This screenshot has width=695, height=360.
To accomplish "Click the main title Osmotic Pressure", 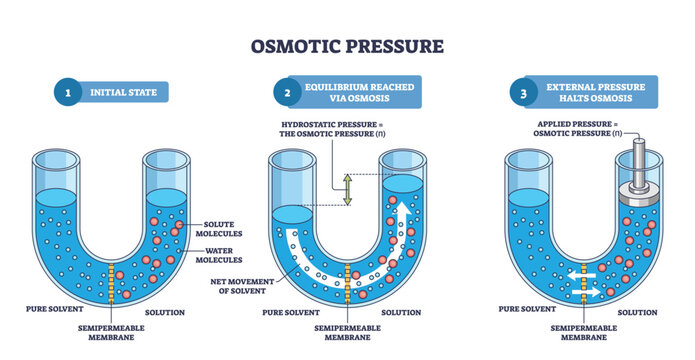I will pos(348,46).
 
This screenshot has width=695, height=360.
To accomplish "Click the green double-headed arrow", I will pos(348,189).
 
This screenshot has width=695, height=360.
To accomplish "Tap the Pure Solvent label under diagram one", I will pos(49,311).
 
